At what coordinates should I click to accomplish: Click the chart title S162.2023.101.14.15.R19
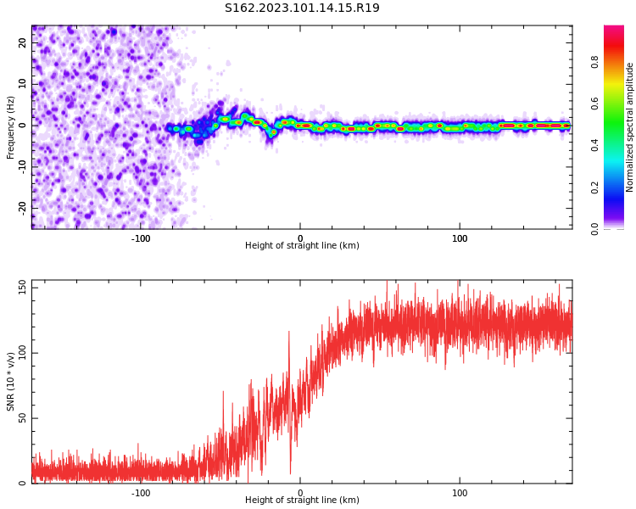302,8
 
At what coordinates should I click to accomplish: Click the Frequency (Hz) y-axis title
11,127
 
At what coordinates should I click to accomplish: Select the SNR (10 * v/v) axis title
11,383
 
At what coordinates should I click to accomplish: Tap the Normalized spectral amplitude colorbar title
630,127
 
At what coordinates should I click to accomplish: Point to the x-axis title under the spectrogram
302,246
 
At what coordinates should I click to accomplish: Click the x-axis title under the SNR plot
302,501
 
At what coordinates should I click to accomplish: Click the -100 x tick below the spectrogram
141,239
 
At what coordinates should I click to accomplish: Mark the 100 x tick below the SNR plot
460,493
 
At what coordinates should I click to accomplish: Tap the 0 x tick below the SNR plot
300,493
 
